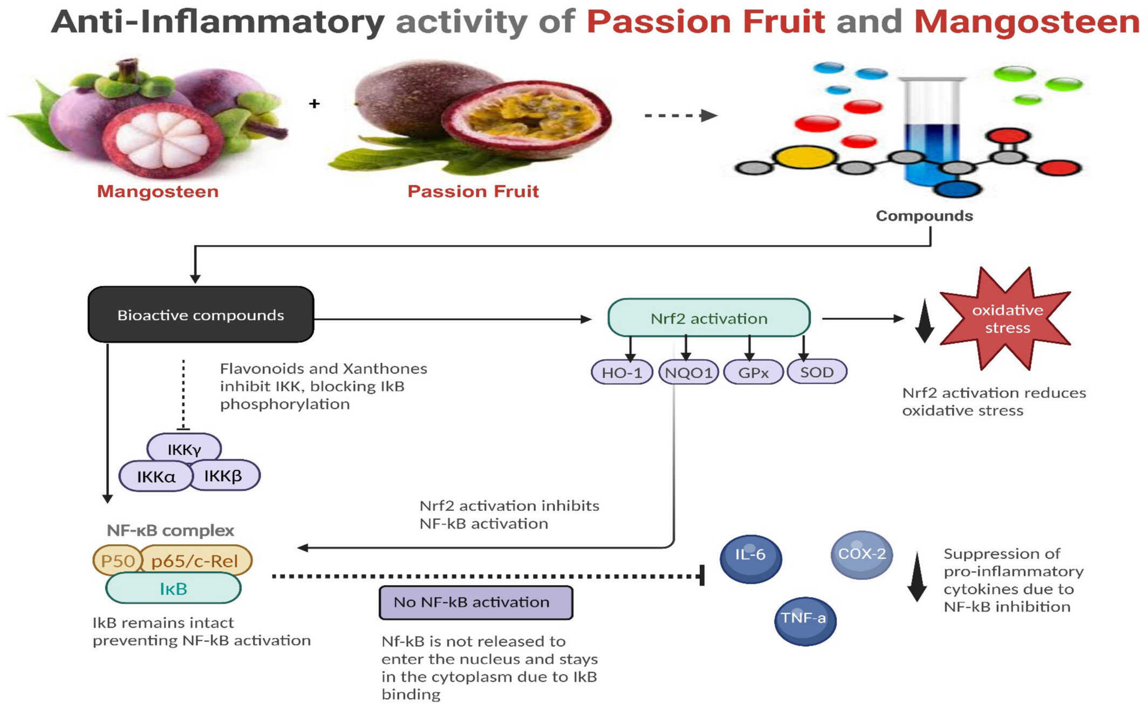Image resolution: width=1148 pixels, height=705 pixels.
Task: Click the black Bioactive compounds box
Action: [201, 314]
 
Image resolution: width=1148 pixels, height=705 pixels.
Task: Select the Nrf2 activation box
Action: [709, 318]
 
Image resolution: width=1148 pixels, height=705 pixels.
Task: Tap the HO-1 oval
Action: [622, 372]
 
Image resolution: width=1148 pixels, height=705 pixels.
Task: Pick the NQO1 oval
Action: [689, 372]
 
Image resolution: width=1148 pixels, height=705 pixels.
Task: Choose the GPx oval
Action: [753, 372]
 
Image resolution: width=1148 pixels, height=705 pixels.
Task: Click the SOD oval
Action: [817, 372]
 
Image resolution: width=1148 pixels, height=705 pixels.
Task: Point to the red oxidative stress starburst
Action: [1006, 318]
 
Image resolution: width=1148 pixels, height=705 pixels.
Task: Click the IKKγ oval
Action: [184, 449]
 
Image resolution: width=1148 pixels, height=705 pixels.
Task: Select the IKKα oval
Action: [156, 476]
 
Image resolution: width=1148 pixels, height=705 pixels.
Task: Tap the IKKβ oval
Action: [223, 475]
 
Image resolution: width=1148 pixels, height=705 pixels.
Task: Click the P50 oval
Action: [118, 561]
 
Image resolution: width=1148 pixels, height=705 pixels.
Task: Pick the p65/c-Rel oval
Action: [195, 561]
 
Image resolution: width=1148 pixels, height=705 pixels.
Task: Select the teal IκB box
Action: [173, 588]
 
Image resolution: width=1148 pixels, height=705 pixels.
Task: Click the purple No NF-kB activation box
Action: [476, 603]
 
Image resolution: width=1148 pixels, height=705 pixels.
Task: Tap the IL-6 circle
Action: [750, 558]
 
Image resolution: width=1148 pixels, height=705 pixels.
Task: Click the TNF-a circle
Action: [805, 621]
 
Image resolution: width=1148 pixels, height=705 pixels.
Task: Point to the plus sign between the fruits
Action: [315, 103]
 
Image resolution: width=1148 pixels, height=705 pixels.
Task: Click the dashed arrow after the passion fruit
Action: [681, 115]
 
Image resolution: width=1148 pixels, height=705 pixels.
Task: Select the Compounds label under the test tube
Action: [924, 216]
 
